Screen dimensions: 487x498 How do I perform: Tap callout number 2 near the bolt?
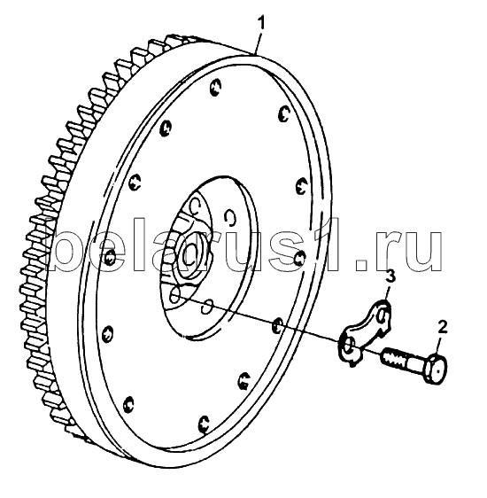point(442,327)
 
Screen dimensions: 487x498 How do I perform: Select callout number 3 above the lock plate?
point(390,276)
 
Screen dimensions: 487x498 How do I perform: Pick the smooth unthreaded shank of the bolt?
point(414,364)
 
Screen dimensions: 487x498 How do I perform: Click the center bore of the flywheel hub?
point(189,252)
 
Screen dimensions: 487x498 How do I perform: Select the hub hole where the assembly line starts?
point(174,295)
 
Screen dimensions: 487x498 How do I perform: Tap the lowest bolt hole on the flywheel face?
point(204,424)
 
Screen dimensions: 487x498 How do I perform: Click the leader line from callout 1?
point(259,42)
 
